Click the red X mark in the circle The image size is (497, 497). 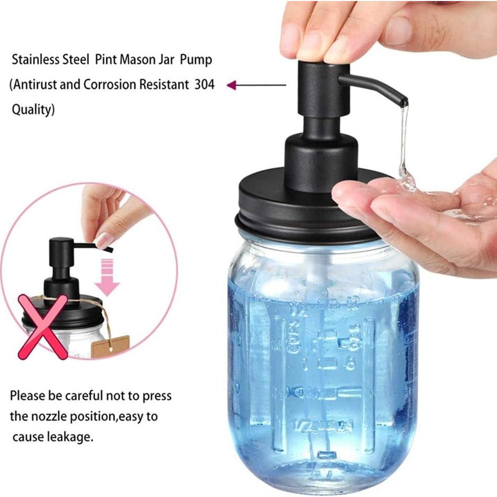(x=43, y=327)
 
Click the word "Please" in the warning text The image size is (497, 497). (x=28, y=396)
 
